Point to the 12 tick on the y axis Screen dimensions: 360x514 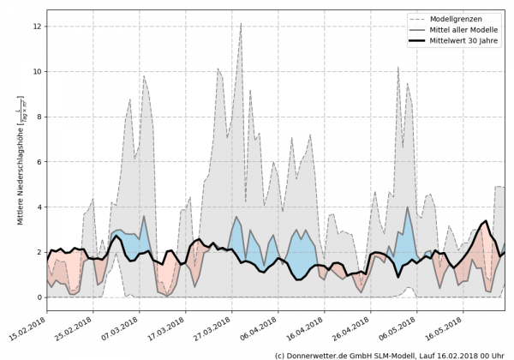[x=37, y=27]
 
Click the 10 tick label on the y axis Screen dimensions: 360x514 [x=37, y=72]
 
